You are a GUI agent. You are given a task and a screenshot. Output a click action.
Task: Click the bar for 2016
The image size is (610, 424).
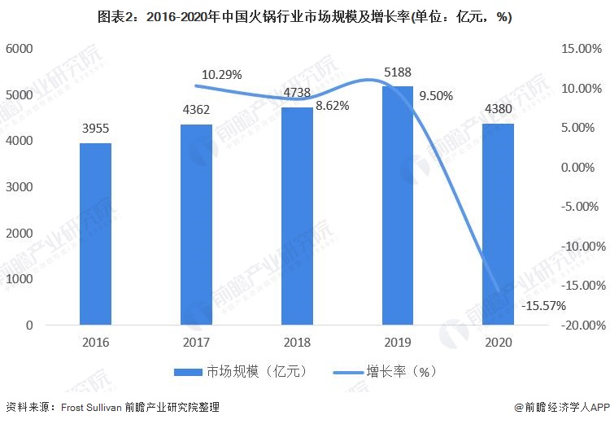95,234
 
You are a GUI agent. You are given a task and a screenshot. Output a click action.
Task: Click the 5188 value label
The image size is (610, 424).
397,74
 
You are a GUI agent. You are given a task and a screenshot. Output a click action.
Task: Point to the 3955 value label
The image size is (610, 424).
95,131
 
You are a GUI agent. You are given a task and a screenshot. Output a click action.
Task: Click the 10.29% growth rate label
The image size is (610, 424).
221,75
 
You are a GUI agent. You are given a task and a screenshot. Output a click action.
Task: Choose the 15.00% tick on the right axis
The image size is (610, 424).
580,49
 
